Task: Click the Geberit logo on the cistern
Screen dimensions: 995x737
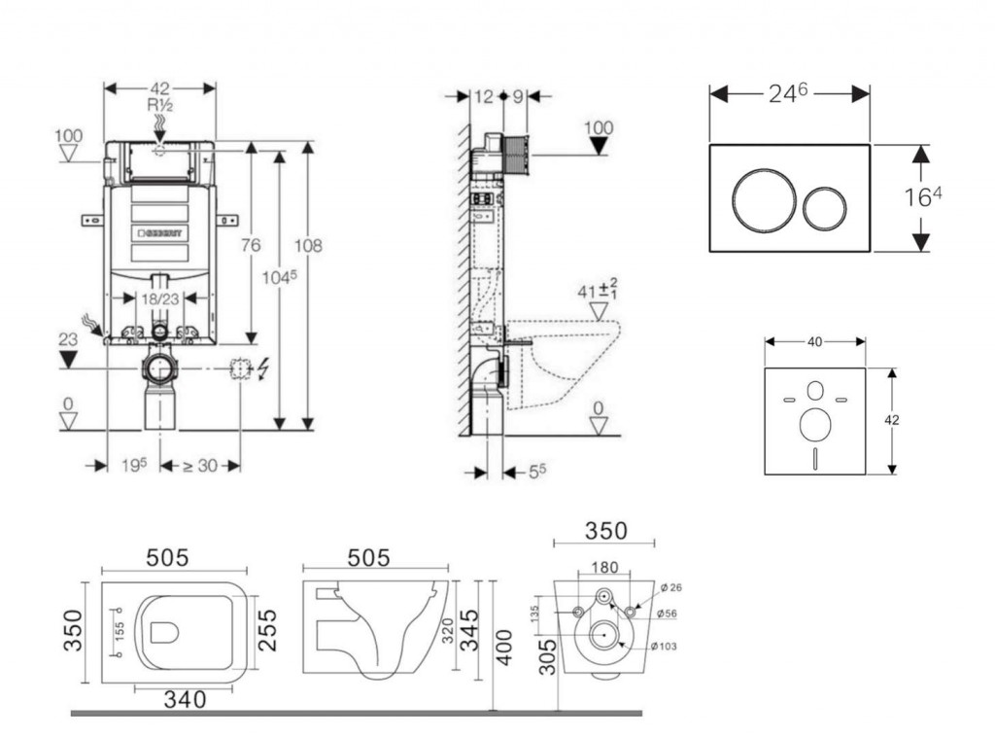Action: pos(160,233)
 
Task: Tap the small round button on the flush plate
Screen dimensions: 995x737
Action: pos(824,207)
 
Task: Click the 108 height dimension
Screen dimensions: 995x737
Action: pos(308,245)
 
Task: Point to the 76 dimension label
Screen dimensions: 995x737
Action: pos(251,244)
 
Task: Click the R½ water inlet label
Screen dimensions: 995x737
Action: pos(160,105)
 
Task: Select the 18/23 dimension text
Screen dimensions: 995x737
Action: pos(160,298)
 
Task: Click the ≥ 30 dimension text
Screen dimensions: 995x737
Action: pos(200,466)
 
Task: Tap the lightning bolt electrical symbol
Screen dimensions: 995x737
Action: pos(263,368)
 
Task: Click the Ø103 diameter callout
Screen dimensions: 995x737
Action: pos(664,647)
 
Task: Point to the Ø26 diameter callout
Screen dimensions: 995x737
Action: pos(671,588)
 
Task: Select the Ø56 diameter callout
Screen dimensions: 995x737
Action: pos(667,614)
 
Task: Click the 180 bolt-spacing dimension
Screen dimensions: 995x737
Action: pos(604,567)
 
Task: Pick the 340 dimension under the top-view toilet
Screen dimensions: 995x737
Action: pos(185,699)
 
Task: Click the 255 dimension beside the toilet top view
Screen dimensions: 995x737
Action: pos(268,630)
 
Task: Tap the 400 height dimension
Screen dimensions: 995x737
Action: pos(504,648)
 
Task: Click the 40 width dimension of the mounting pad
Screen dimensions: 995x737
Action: pos(815,342)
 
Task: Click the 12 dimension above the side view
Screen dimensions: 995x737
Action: pos(483,96)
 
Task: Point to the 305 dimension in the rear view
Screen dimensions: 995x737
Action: pos(548,657)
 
